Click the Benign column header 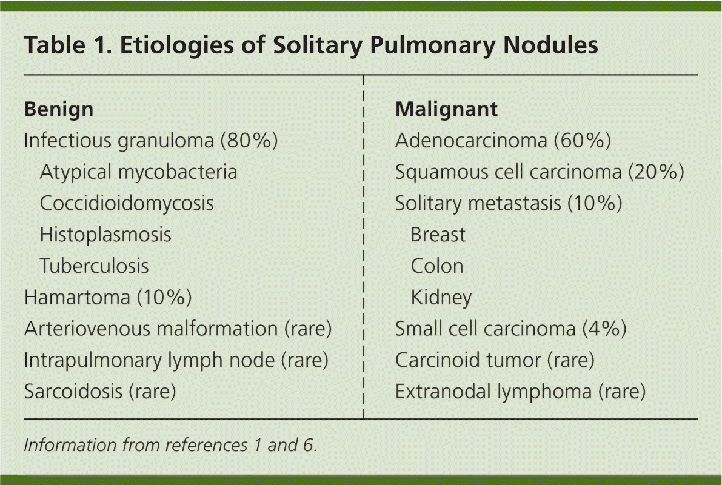point(59,110)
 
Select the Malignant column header point(446,110)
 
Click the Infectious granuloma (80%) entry point(150,141)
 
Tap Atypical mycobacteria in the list point(138,172)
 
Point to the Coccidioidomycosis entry point(127,203)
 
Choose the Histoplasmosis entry point(105,235)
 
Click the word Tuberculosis point(94,266)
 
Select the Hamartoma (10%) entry point(108,298)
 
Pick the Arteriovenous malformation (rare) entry point(178,329)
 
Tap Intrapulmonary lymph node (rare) point(176,361)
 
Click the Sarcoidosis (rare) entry point(100,392)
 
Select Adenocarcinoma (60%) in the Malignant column point(503,141)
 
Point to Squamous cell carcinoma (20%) point(540,172)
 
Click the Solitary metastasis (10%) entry point(509,203)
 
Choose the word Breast point(438,235)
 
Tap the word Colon point(437,266)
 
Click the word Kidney point(441,298)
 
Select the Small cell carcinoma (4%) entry point(510,329)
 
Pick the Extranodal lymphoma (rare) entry point(520,392)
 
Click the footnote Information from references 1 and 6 point(170,446)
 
